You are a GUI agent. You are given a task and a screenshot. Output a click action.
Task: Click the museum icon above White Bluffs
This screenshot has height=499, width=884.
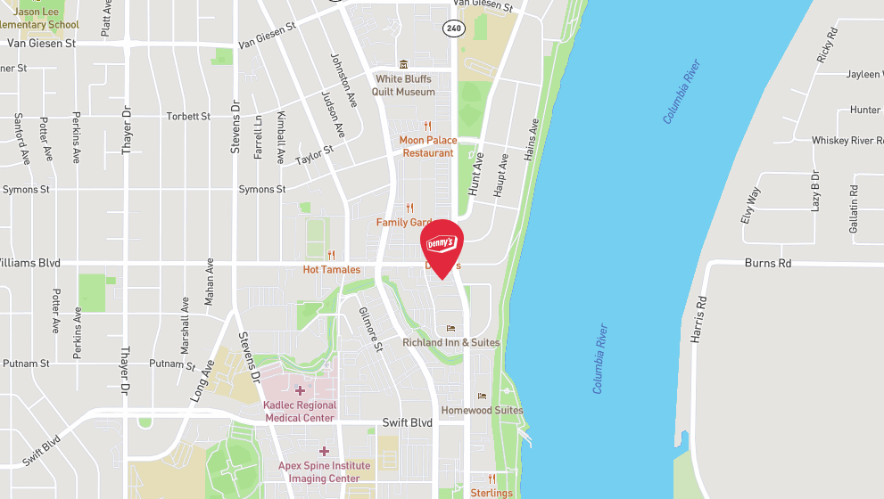(403, 64)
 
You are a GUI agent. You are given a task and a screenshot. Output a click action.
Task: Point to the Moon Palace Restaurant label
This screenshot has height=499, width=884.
(427, 147)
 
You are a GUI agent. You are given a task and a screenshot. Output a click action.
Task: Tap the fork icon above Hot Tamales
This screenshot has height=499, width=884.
(332, 255)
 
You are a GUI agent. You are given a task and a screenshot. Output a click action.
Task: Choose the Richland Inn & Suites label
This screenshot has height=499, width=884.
(451, 343)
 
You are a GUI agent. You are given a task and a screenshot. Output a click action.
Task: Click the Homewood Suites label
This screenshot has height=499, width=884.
(483, 411)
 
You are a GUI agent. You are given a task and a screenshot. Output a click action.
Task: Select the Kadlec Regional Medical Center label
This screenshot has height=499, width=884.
(299, 412)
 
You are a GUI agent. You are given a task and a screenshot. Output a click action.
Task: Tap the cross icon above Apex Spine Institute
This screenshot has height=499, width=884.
(324, 451)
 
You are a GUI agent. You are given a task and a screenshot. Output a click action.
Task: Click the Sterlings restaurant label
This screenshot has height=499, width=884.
(492, 493)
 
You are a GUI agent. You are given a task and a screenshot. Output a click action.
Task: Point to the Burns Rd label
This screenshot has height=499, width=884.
(767, 264)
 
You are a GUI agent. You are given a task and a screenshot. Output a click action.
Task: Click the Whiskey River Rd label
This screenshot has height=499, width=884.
(847, 141)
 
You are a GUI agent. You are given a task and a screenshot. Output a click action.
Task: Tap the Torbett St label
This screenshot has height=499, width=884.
(188, 117)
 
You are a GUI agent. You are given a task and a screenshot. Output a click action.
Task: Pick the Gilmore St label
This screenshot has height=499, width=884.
(369, 329)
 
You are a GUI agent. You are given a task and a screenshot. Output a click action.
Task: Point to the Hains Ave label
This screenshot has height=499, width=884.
(533, 140)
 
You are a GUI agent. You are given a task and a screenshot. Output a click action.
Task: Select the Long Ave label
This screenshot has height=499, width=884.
(201, 380)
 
